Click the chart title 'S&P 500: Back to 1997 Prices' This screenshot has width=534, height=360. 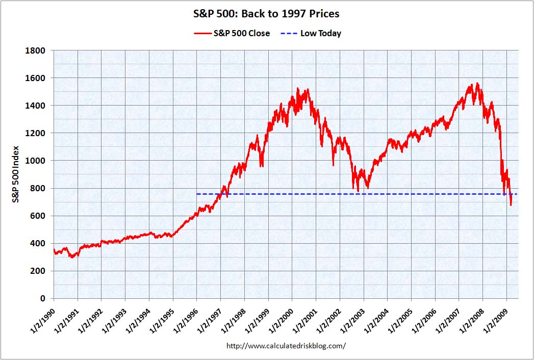(x=267, y=14)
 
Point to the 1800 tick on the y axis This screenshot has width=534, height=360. (x=38, y=50)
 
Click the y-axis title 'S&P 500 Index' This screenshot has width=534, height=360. (x=16, y=174)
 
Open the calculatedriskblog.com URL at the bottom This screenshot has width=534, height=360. (x=286, y=346)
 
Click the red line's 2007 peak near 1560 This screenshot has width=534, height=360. (x=477, y=83)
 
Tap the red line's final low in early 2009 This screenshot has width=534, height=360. (x=511, y=205)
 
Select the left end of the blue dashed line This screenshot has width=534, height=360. (x=197, y=194)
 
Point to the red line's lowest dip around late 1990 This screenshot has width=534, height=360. (x=72, y=257)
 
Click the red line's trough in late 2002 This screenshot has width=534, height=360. (x=358, y=191)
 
